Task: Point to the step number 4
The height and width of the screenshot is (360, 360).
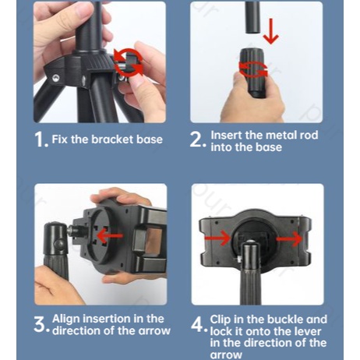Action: (197, 324)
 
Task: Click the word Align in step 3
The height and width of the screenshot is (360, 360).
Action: (66, 319)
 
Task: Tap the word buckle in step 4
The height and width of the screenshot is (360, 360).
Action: (285, 319)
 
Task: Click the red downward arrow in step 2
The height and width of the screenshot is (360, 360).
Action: (271, 30)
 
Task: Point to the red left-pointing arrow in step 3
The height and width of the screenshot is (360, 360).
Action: (110, 236)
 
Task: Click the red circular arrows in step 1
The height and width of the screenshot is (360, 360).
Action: (129, 62)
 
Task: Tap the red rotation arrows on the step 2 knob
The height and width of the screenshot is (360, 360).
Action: (253, 69)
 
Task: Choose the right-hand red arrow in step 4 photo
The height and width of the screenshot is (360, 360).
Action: (289, 238)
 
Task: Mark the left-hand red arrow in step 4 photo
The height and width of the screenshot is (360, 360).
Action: (217, 238)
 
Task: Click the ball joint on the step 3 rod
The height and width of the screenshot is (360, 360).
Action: (59, 243)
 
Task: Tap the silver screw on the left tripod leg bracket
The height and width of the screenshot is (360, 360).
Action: (55, 78)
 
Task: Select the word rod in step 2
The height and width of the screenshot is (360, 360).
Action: (309, 135)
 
